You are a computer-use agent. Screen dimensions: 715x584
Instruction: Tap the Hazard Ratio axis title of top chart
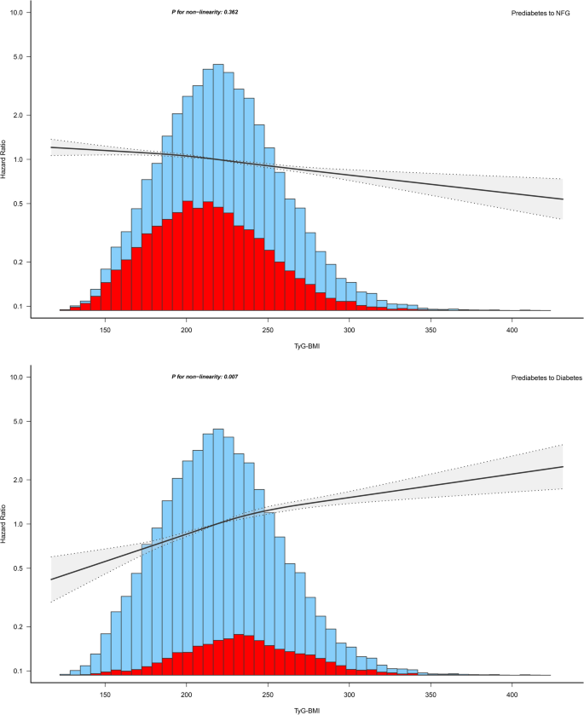click(6, 160)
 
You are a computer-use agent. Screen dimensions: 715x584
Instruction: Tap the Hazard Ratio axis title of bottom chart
click(6, 524)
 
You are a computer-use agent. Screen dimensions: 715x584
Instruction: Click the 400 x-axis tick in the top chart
click(512, 328)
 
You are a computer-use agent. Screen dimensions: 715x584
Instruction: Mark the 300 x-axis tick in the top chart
click(349, 328)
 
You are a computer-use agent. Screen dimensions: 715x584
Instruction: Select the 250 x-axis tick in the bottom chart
click(268, 692)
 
